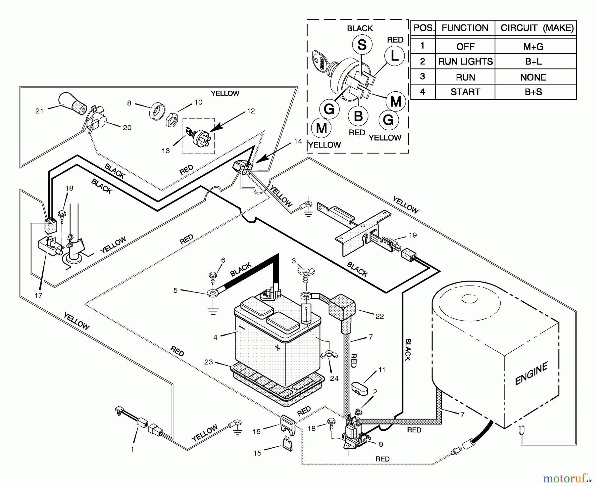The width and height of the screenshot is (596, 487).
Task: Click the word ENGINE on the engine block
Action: (x=531, y=374)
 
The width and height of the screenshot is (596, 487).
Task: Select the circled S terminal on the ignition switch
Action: (x=362, y=45)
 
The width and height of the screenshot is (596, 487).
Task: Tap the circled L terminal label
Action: (x=394, y=56)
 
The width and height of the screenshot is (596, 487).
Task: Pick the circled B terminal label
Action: (x=358, y=116)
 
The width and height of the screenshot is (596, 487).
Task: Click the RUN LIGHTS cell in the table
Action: (x=465, y=62)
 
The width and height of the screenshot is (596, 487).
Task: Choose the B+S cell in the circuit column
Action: (x=533, y=92)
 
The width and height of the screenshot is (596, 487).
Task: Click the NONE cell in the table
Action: (x=533, y=77)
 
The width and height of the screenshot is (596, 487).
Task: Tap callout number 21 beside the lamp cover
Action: (x=39, y=111)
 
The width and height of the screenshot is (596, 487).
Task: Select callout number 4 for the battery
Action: (x=215, y=337)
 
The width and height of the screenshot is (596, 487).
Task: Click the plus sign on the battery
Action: (x=277, y=348)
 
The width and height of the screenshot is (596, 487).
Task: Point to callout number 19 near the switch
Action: (x=413, y=235)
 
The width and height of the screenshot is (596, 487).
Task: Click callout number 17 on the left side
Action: (x=38, y=295)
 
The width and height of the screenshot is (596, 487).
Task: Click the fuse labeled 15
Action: (x=287, y=444)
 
